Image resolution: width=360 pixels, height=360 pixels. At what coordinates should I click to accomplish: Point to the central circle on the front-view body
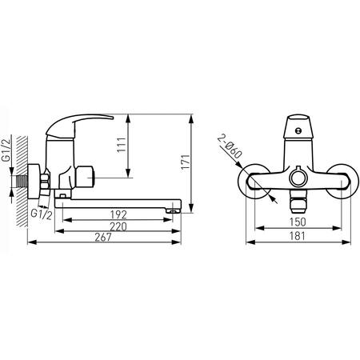pos(300,175)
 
